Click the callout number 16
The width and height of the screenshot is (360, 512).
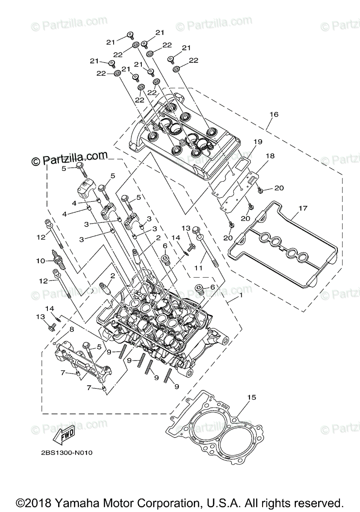pos(274,114)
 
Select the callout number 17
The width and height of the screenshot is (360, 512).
pos(303,209)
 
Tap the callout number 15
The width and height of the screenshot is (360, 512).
pos(252,398)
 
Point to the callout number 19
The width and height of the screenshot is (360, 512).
pos(258,142)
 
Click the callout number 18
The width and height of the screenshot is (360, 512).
pos(269,156)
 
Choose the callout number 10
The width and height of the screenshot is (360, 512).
pos(40,260)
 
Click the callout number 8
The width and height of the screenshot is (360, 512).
pos(71,329)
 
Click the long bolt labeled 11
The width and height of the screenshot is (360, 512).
pos(209,248)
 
